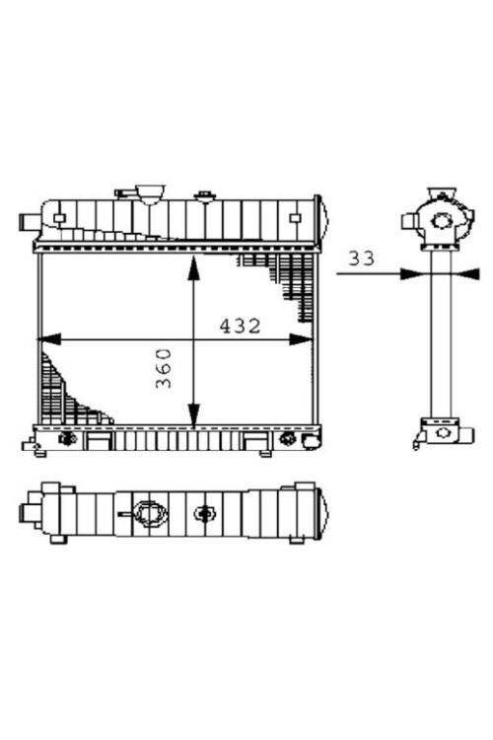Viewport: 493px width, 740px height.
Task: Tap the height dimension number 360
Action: pyautogui.click(x=165, y=367)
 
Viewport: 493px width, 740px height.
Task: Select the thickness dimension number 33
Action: pyautogui.click(x=362, y=259)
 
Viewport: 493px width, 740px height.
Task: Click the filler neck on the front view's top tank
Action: pyautogui.click(x=149, y=191)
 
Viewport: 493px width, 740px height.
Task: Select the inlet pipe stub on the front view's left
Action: pyautogui.click(x=27, y=222)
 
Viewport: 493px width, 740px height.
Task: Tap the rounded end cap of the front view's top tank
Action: pyautogui.click(x=317, y=219)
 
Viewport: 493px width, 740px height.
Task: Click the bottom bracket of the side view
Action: pyautogui.click(x=438, y=431)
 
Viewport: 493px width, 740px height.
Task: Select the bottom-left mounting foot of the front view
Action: pyautogui.click(x=38, y=451)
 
